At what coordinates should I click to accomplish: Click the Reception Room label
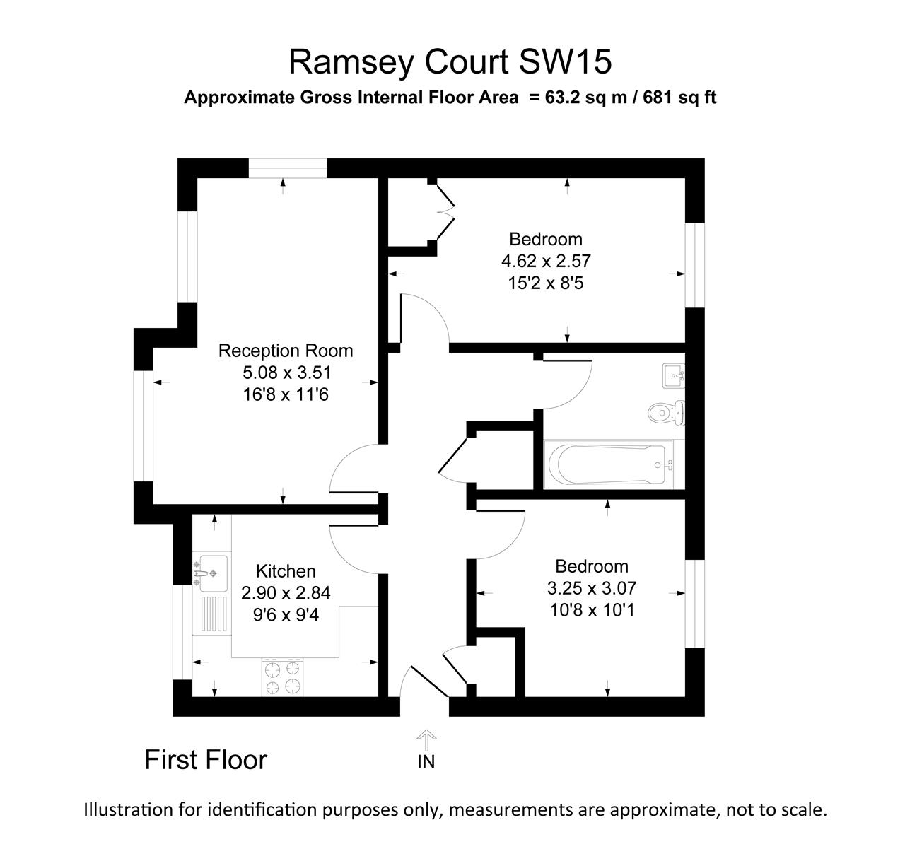coord(285,351)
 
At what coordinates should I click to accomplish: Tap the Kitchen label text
coord(286,571)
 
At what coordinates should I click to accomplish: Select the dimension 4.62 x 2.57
coord(545,262)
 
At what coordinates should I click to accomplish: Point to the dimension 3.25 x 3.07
coord(592,588)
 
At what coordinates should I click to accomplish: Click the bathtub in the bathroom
coord(608,464)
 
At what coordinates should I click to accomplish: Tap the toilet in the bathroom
coord(665,412)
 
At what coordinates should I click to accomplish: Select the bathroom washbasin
coord(672,375)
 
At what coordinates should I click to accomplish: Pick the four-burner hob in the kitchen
coord(282,676)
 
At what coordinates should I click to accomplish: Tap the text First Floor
coord(206,760)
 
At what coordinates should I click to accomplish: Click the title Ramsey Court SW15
coord(450,62)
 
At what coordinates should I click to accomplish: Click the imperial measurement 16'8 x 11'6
coord(285,394)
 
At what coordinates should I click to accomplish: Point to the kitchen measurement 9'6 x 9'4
coord(286,615)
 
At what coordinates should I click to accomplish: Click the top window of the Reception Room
coord(288,168)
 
